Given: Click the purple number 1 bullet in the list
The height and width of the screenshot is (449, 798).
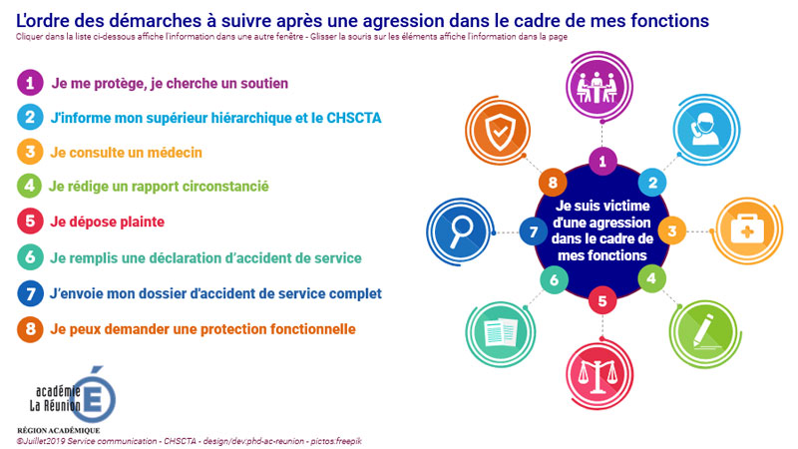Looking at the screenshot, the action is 30,83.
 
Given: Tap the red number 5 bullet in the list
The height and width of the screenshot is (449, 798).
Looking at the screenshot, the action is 30,221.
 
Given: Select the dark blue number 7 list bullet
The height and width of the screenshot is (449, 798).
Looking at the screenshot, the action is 30,293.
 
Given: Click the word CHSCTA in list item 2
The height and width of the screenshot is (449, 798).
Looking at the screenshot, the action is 354,118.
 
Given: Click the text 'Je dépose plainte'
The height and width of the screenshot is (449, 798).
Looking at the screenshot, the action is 107,222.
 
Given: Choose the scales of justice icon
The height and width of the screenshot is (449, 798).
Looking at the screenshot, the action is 599,376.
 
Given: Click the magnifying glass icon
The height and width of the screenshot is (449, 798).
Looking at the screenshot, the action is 460,231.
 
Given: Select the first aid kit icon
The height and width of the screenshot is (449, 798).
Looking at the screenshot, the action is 747,230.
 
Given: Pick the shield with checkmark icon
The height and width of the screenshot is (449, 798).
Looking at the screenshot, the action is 498,131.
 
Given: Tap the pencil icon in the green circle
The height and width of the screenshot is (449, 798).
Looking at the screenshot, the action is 704,333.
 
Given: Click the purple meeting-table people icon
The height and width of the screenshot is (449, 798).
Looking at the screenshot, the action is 599,86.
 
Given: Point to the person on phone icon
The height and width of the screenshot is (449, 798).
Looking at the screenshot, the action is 706,129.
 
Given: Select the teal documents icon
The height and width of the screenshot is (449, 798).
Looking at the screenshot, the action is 501,333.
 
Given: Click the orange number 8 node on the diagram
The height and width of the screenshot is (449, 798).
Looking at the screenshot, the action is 553,182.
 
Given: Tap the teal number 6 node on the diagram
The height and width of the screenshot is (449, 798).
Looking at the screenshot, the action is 554,279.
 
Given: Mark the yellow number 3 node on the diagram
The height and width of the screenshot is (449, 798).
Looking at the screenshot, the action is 671,230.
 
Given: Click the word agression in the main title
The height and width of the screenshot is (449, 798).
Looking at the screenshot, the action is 404,21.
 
